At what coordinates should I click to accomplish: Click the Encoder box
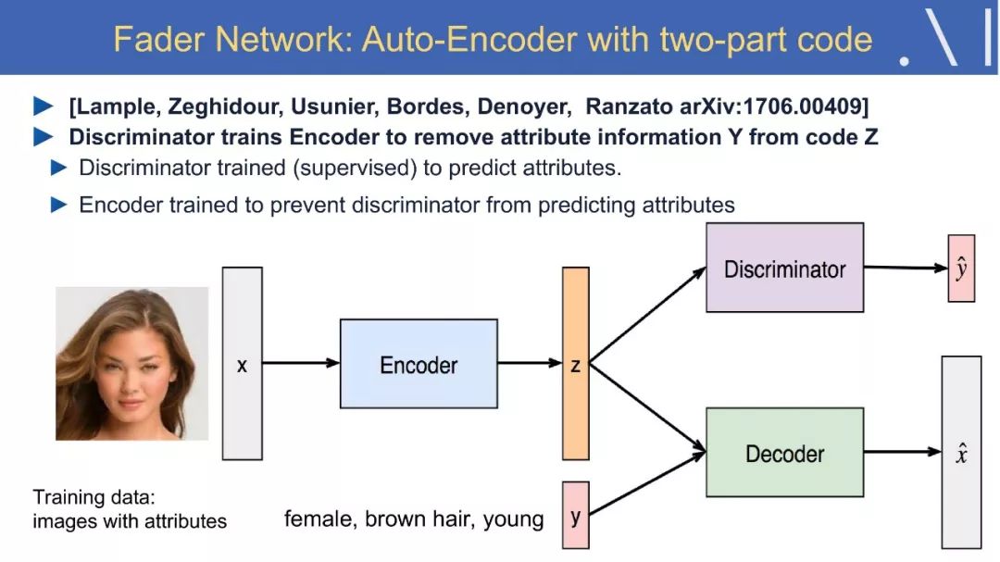pos(419,364)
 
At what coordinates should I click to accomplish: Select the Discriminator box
pos(784,268)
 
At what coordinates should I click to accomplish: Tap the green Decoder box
pos(784,452)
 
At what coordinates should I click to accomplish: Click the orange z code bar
pos(575,364)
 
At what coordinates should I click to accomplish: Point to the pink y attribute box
pos(575,516)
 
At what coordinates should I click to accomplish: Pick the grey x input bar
pos(242,364)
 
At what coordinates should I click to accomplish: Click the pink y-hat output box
pos(961,268)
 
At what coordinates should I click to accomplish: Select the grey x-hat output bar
pos(961,452)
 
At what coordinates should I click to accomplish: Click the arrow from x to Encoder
pos(301,363)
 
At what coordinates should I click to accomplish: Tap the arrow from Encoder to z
pos(530,363)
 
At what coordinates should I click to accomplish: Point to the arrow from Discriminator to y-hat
pos(906,268)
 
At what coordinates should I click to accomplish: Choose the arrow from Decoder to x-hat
pos(903,452)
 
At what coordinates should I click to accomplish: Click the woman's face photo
pos(132,364)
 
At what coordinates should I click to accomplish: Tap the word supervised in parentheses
pos(355,169)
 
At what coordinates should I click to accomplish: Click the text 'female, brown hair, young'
pos(414,519)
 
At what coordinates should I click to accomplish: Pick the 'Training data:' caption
pos(94,497)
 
